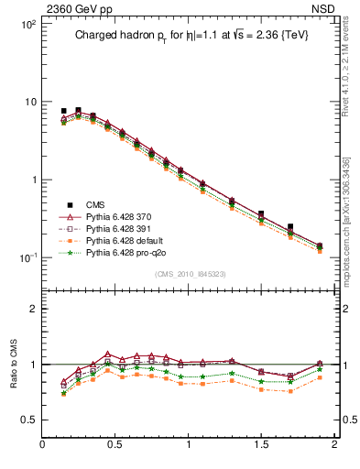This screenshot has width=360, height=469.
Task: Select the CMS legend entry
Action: coord(96,203)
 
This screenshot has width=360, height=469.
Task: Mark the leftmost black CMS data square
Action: coord(63,111)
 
